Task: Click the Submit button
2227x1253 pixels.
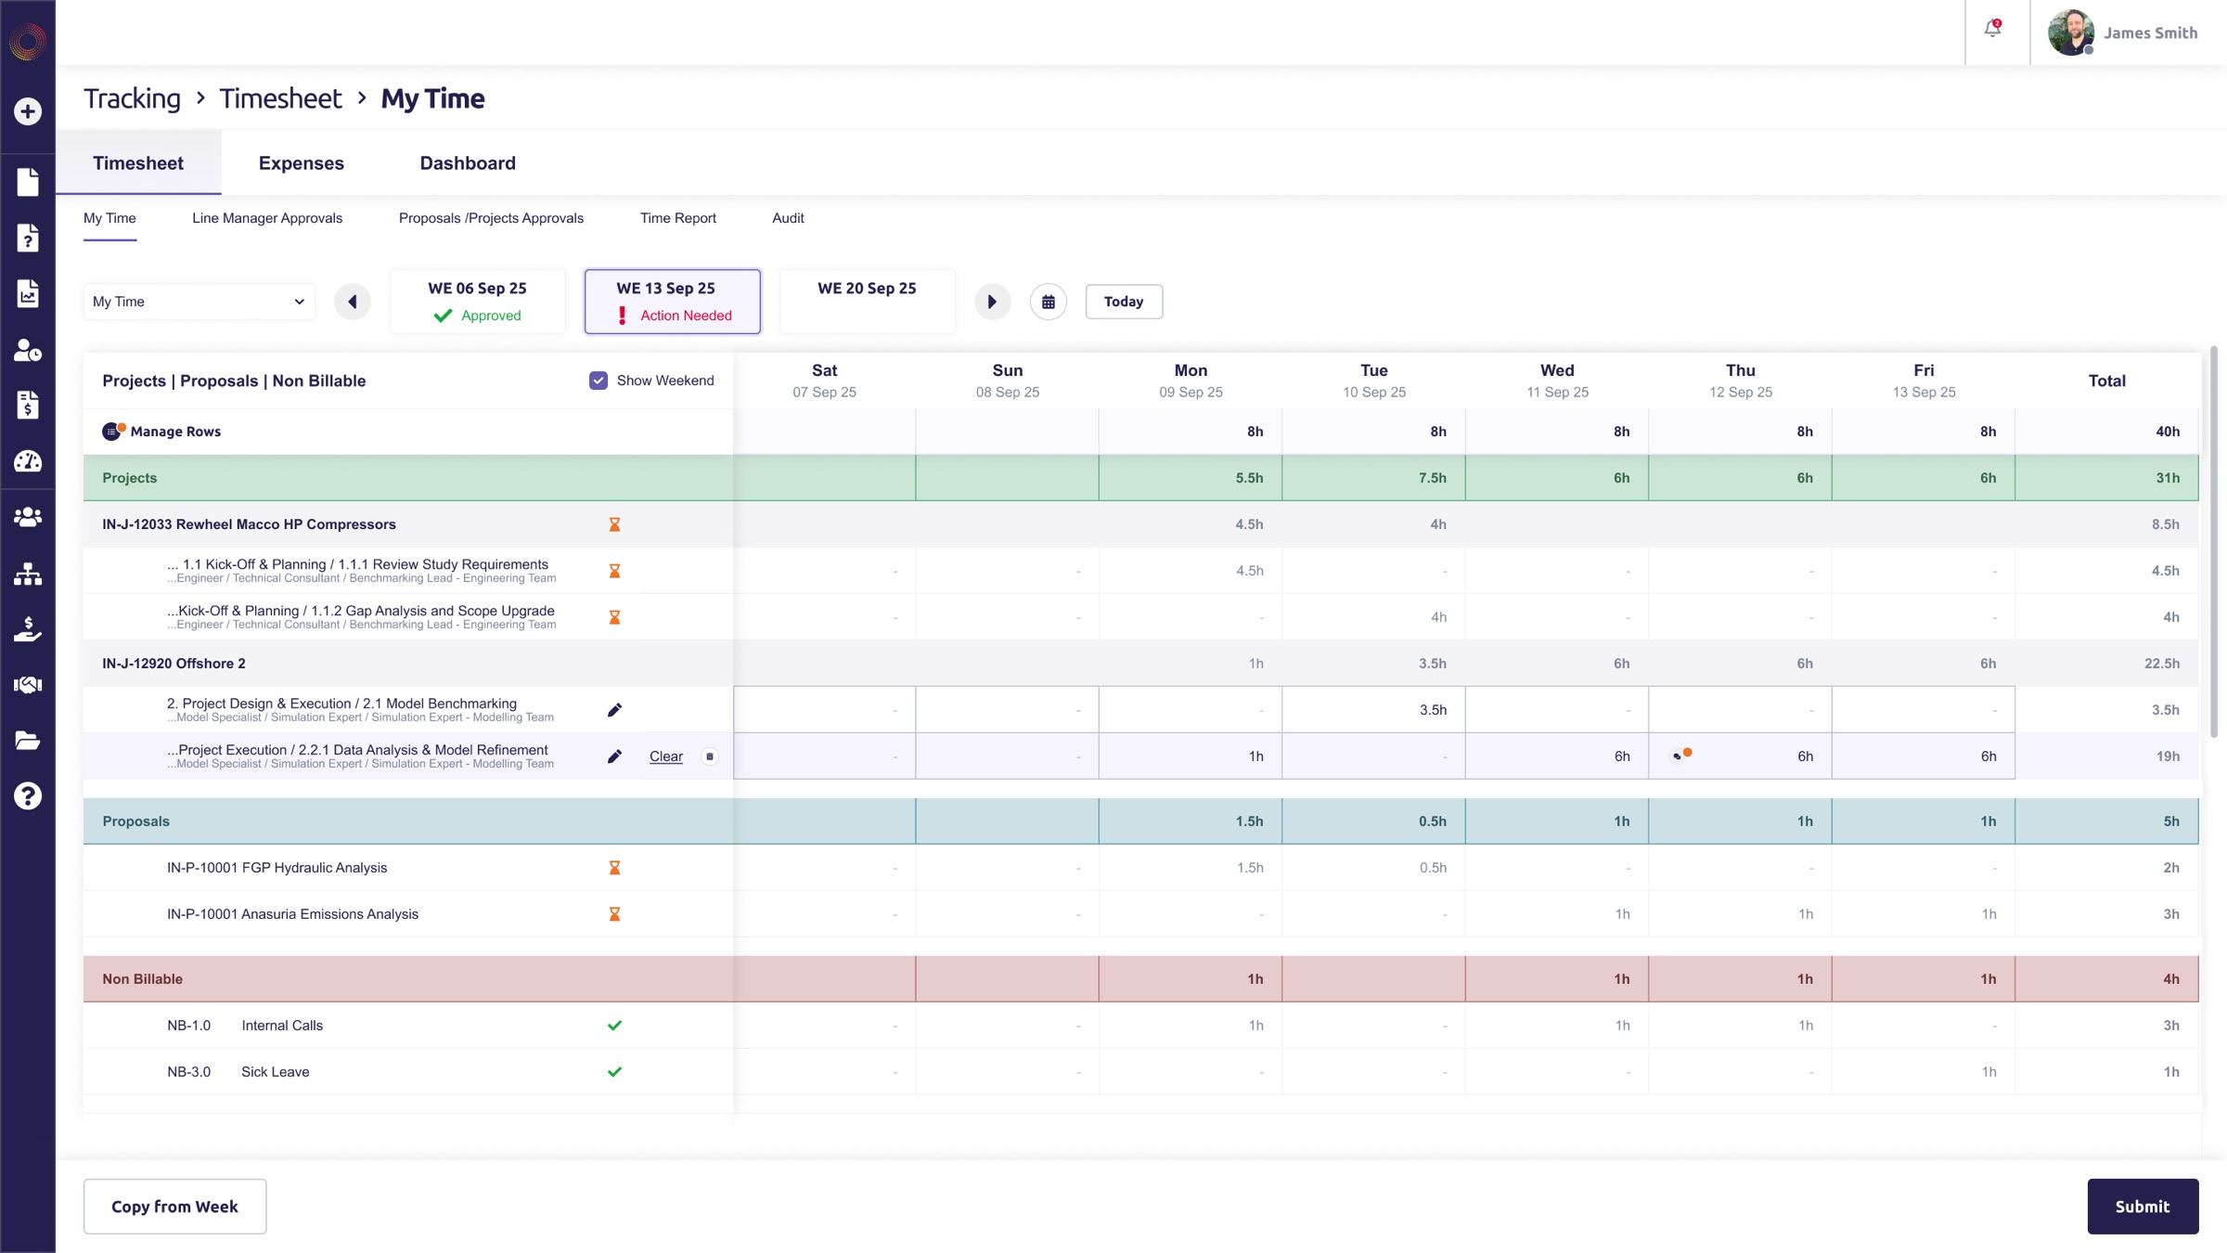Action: [2143, 1206]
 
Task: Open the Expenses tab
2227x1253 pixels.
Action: [302, 163]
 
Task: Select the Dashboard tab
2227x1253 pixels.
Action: [468, 163]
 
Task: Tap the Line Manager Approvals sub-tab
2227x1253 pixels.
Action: [267, 218]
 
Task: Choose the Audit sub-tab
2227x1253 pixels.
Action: [788, 218]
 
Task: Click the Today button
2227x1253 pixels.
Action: [1124, 302]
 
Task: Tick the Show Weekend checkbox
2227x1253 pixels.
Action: [599, 381]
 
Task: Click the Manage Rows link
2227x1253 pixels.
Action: [175, 432]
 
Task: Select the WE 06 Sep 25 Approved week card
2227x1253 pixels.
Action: [478, 302]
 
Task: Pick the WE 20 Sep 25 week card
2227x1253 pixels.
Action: [868, 302]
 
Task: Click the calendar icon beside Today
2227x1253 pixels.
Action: [1049, 302]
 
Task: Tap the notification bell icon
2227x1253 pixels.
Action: [1993, 29]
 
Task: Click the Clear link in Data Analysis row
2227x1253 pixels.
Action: [666, 756]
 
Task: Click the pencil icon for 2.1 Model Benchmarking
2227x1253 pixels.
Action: [614, 710]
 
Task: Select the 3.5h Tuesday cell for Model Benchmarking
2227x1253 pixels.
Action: [1374, 710]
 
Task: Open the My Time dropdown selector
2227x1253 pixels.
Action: [200, 302]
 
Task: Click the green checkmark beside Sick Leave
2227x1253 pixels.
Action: [614, 1072]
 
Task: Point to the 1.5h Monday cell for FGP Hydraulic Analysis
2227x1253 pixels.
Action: [1191, 868]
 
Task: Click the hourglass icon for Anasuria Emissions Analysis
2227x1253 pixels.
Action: [614, 914]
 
